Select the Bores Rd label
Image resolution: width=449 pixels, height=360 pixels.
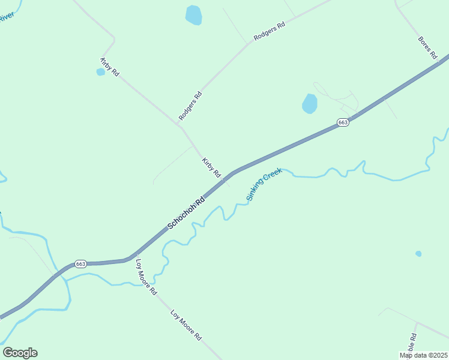(x=427, y=47)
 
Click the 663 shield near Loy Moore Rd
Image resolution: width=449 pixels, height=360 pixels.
(x=81, y=264)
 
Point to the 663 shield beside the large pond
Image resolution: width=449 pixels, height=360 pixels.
(x=342, y=122)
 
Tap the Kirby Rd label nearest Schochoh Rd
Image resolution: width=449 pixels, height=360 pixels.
(x=211, y=167)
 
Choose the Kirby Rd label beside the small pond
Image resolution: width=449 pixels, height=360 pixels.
(x=110, y=67)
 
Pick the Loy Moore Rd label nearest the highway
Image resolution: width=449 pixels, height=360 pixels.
(x=146, y=277)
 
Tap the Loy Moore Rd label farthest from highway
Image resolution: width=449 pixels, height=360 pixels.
(x=185, y=325)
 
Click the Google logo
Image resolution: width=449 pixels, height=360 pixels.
(x=20, y=353)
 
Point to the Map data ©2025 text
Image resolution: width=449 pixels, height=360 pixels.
(x=424, y=355)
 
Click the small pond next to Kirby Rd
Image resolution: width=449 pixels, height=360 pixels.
(x=100, y=72)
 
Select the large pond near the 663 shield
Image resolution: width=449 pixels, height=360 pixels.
(x=309, y=104)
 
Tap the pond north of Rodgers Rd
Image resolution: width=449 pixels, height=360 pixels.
(x=193, y=15)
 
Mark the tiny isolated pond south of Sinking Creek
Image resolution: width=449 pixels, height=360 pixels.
(x=418, y=254)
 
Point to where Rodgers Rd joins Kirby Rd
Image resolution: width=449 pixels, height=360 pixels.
(x=179, y=125)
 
